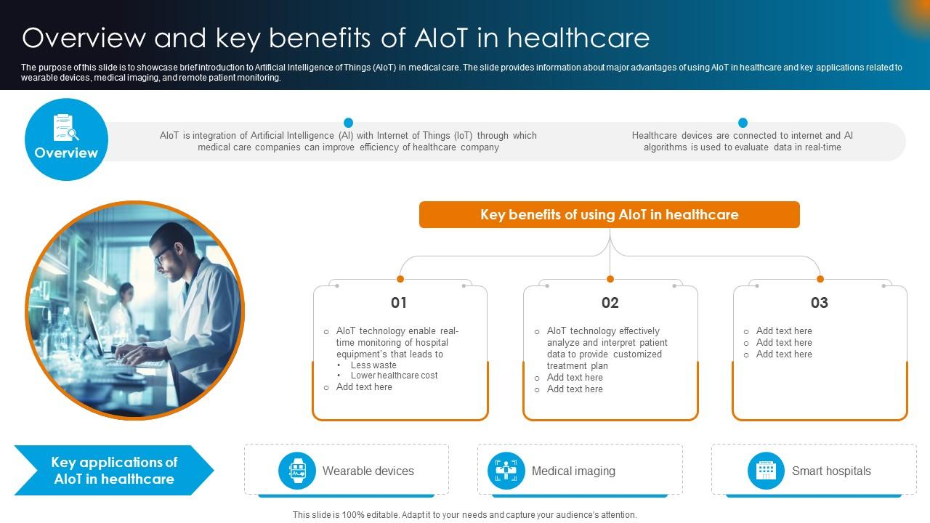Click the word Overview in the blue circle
tap(66, 153)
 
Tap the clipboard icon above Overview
tap(65, 128)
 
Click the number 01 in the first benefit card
tap(399, 303)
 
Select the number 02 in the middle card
tap(610, 303)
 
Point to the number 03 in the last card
tap(819, 303)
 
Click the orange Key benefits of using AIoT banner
tap(609, 215)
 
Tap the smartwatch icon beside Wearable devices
tap(297, 471)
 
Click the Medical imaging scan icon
tap(506, 471)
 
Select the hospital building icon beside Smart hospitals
tap(766, 471)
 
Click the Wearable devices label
tap(368, 471)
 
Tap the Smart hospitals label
tap(831, 471)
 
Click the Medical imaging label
tap(573, 471)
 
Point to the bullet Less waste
tap(373, 365)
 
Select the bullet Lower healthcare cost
tap(394, 376)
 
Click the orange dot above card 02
tap(610, 279)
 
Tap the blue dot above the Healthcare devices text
tap(743, 123)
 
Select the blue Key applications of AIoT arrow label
tap(114, 471)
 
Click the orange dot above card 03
tap(820, 279)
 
